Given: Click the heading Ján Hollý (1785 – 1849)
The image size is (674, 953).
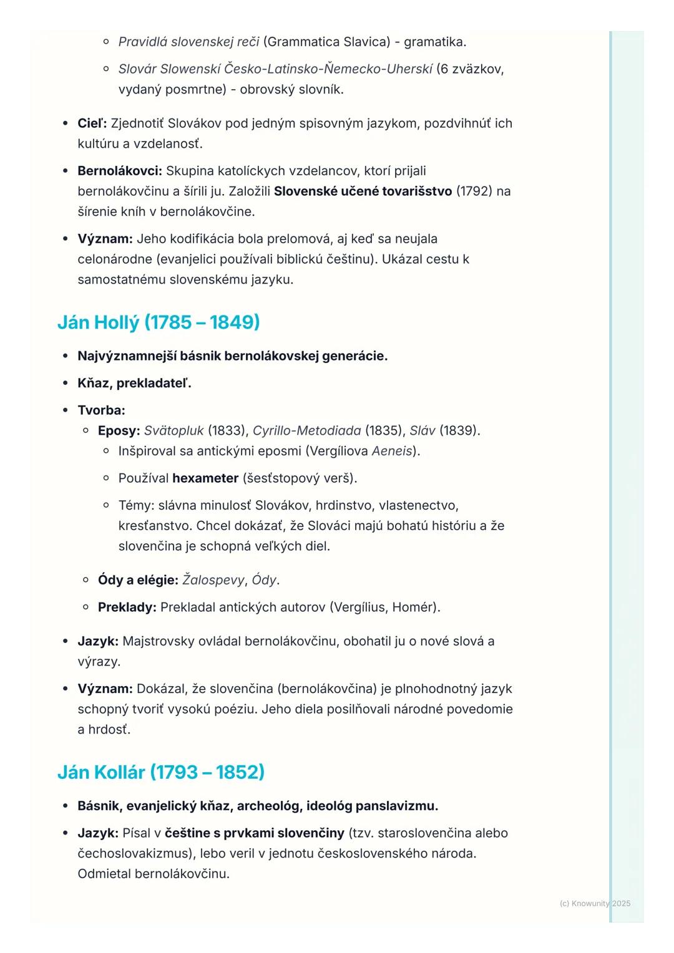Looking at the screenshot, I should (159, 322).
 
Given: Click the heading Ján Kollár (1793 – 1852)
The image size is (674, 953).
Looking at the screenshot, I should (161, 772).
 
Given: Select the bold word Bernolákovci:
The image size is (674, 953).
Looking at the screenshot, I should (119, 171).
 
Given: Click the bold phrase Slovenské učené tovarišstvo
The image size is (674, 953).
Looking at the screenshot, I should (363, 191).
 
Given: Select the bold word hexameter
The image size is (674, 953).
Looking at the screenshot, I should (205, 478).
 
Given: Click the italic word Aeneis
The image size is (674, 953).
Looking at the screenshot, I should (392, 451).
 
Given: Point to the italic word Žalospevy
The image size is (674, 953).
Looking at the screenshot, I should (213, 580).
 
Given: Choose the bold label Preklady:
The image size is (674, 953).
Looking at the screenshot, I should (127, 607).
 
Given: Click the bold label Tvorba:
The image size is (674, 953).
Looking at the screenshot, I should (101, 410).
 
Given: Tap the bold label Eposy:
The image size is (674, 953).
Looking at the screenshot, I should (119, 430).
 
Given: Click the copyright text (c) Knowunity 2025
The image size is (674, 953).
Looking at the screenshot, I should (595, 903).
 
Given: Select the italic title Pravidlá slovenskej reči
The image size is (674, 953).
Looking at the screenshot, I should (188, 42).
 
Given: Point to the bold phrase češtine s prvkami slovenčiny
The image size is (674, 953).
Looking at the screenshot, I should (255, 833).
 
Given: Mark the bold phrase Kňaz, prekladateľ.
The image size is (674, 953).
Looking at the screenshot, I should (134, 383).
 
